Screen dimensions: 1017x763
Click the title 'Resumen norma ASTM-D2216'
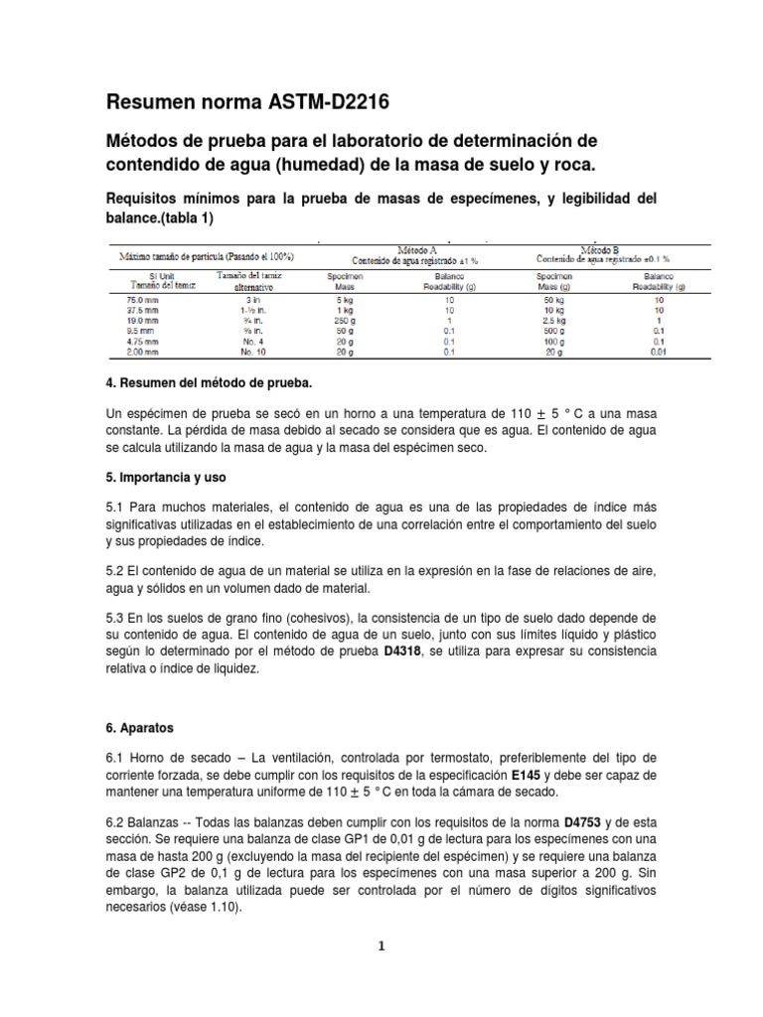(x=247, y=101)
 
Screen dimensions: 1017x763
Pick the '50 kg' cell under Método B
(x=552, y=299)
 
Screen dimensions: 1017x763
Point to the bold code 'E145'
(x=529, y=774)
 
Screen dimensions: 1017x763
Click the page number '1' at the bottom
(x=381, y=946)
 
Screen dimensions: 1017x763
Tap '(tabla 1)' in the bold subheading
(x=179, y=218)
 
